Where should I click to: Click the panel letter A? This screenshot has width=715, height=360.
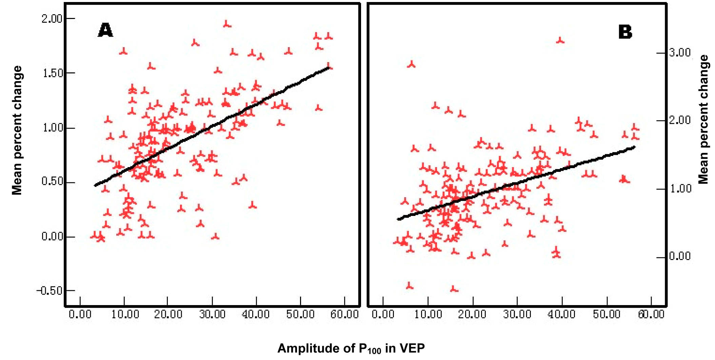[x=105, y=30]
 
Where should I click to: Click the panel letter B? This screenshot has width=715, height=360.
[x=625, y=32]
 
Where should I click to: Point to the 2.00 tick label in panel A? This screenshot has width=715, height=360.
[x=52, y=19]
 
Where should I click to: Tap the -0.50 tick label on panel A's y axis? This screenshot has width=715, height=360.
[x=49, y=291]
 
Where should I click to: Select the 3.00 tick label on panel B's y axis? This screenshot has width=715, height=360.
[x=680, y=53]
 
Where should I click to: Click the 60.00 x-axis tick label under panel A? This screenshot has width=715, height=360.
[x=344, y=314]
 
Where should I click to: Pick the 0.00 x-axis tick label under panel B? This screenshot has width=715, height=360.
[x=383, y=314]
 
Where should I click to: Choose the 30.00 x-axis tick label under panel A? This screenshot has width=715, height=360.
[x=212, y=314]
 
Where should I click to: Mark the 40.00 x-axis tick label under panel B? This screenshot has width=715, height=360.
[x=561, y=314]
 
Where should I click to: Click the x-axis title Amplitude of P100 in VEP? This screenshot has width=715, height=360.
[x=351, y=348]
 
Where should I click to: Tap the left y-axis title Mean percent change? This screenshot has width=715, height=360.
[x=17, y=131]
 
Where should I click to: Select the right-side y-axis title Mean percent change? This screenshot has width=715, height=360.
[x=703, y=119]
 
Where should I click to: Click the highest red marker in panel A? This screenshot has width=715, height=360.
[x=227, y=24]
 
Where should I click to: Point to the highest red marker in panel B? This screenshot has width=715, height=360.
[x=560, y=40]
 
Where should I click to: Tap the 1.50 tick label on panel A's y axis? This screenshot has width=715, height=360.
[x=53, y=73]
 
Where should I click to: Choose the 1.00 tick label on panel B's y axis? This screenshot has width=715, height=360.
[x=680, y=189]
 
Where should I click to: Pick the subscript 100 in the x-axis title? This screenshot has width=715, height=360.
[x=374, y=351]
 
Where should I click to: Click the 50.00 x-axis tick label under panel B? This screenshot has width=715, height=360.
[x=607, y=314]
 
